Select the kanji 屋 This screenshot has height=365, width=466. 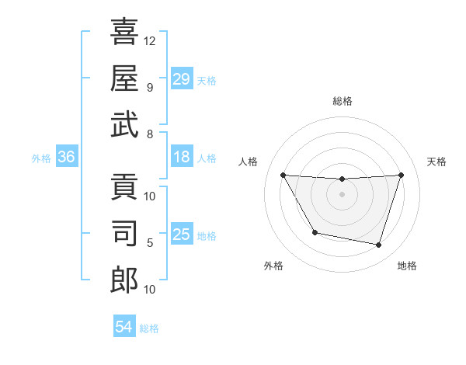124,78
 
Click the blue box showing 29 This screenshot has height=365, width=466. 181,79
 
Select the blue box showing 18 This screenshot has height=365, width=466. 181,158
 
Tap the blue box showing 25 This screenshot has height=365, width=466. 181,235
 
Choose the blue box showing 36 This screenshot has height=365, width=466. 66,158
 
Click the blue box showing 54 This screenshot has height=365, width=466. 123,327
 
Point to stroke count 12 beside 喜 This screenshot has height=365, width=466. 150,40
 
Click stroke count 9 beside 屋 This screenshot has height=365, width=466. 150,87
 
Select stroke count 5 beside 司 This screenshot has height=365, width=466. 150,242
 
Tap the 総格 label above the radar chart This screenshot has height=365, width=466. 342,101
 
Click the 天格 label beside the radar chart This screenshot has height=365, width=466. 437,162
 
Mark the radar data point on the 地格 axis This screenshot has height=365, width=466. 379,245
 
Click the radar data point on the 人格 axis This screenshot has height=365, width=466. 283,175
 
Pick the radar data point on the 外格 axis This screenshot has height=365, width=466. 315,232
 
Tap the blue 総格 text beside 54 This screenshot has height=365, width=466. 149,328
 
